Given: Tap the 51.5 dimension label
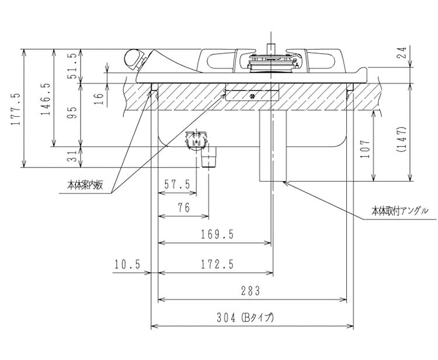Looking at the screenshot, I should click(x=72, y=65).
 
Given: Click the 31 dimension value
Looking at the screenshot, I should click(x=72, y=157).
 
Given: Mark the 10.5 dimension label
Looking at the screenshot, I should click(x=127, y=265).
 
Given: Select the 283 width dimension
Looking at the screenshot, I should click(x=249, y=291).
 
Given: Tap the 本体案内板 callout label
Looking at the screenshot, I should click(x=85, y=185).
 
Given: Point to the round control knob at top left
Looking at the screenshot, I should click(x=134, y=58).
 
